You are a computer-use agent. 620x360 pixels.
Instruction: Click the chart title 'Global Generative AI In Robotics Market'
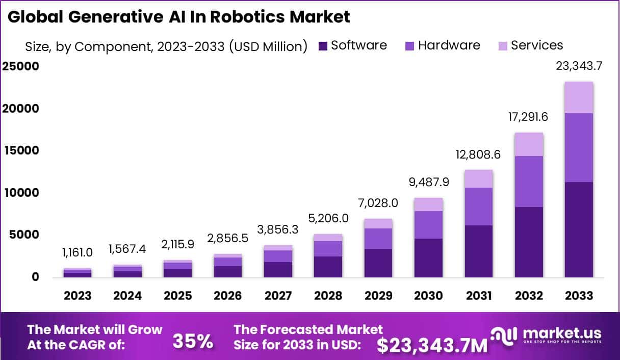click(179, 17)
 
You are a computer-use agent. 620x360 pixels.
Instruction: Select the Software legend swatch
click(323, 46)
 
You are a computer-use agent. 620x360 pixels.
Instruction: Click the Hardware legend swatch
click(409, 46)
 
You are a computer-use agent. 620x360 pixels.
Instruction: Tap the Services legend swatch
click(502, 46)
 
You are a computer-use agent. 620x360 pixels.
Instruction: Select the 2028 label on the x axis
click(328, 296)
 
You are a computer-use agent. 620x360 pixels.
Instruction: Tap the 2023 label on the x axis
click(77, 296)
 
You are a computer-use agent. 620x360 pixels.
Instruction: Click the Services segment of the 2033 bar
click(579, 97)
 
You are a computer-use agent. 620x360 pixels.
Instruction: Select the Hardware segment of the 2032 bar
click(529, 181)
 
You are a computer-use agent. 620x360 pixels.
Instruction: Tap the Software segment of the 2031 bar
click(478, 251)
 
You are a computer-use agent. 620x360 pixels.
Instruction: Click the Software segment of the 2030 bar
click(428, 258)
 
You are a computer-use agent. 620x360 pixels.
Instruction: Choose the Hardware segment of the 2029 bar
click(378, 238)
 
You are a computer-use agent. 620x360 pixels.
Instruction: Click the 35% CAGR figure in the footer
click(193, 342)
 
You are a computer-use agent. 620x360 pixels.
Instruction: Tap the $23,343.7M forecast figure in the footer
click(432, 346)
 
